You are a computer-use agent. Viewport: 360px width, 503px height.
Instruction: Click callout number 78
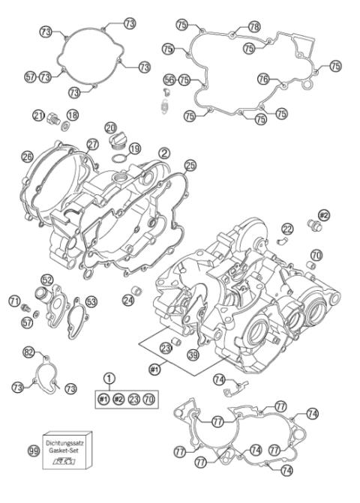point(254,26)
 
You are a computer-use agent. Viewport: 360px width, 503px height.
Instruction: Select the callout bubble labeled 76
point(262,78)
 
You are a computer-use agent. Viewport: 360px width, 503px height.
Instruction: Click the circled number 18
point(73,115)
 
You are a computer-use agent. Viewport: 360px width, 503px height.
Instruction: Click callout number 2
point(163,151)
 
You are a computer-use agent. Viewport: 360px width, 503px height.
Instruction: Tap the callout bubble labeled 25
point(190,164)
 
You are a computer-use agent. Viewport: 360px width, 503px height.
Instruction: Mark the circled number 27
point(92,144)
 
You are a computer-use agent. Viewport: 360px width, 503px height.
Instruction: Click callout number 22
point(287,228)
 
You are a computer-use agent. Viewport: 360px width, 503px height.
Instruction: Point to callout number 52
point(47,280)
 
